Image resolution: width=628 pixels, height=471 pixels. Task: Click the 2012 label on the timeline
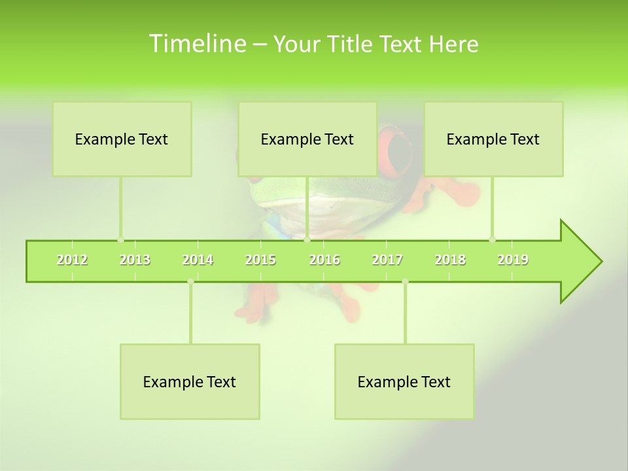[x=72, y=260]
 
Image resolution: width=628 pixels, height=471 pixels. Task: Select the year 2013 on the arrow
[x=135, y=260]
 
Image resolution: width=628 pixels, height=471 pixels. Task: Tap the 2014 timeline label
[x=198, y=260]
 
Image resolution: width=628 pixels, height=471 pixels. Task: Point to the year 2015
[x=260, y=260]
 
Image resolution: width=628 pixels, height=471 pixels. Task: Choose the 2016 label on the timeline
[x=324, y=260]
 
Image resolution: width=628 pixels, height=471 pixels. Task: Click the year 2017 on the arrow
[x=387, y=260]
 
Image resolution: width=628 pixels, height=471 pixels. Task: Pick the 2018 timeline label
[x=450, y=260]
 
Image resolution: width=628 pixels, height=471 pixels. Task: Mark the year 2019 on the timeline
[x=513, y=260]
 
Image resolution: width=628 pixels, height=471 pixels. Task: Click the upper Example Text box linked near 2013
[x=122, y=139]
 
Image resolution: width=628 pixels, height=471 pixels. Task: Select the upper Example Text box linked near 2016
[x=307, y=139]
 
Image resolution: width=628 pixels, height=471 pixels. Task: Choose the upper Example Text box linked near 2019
[x=493, y=139]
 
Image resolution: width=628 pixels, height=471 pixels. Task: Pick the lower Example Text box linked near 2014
[x=190, y=381]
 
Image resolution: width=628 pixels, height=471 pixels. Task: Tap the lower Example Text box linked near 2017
[x=404, y=381]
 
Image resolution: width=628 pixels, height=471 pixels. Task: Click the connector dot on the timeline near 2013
[x=120, y=240]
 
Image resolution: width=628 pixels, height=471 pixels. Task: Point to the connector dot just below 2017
[x=405, y=282]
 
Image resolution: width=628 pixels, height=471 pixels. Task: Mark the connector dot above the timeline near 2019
[x=492, y=240]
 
